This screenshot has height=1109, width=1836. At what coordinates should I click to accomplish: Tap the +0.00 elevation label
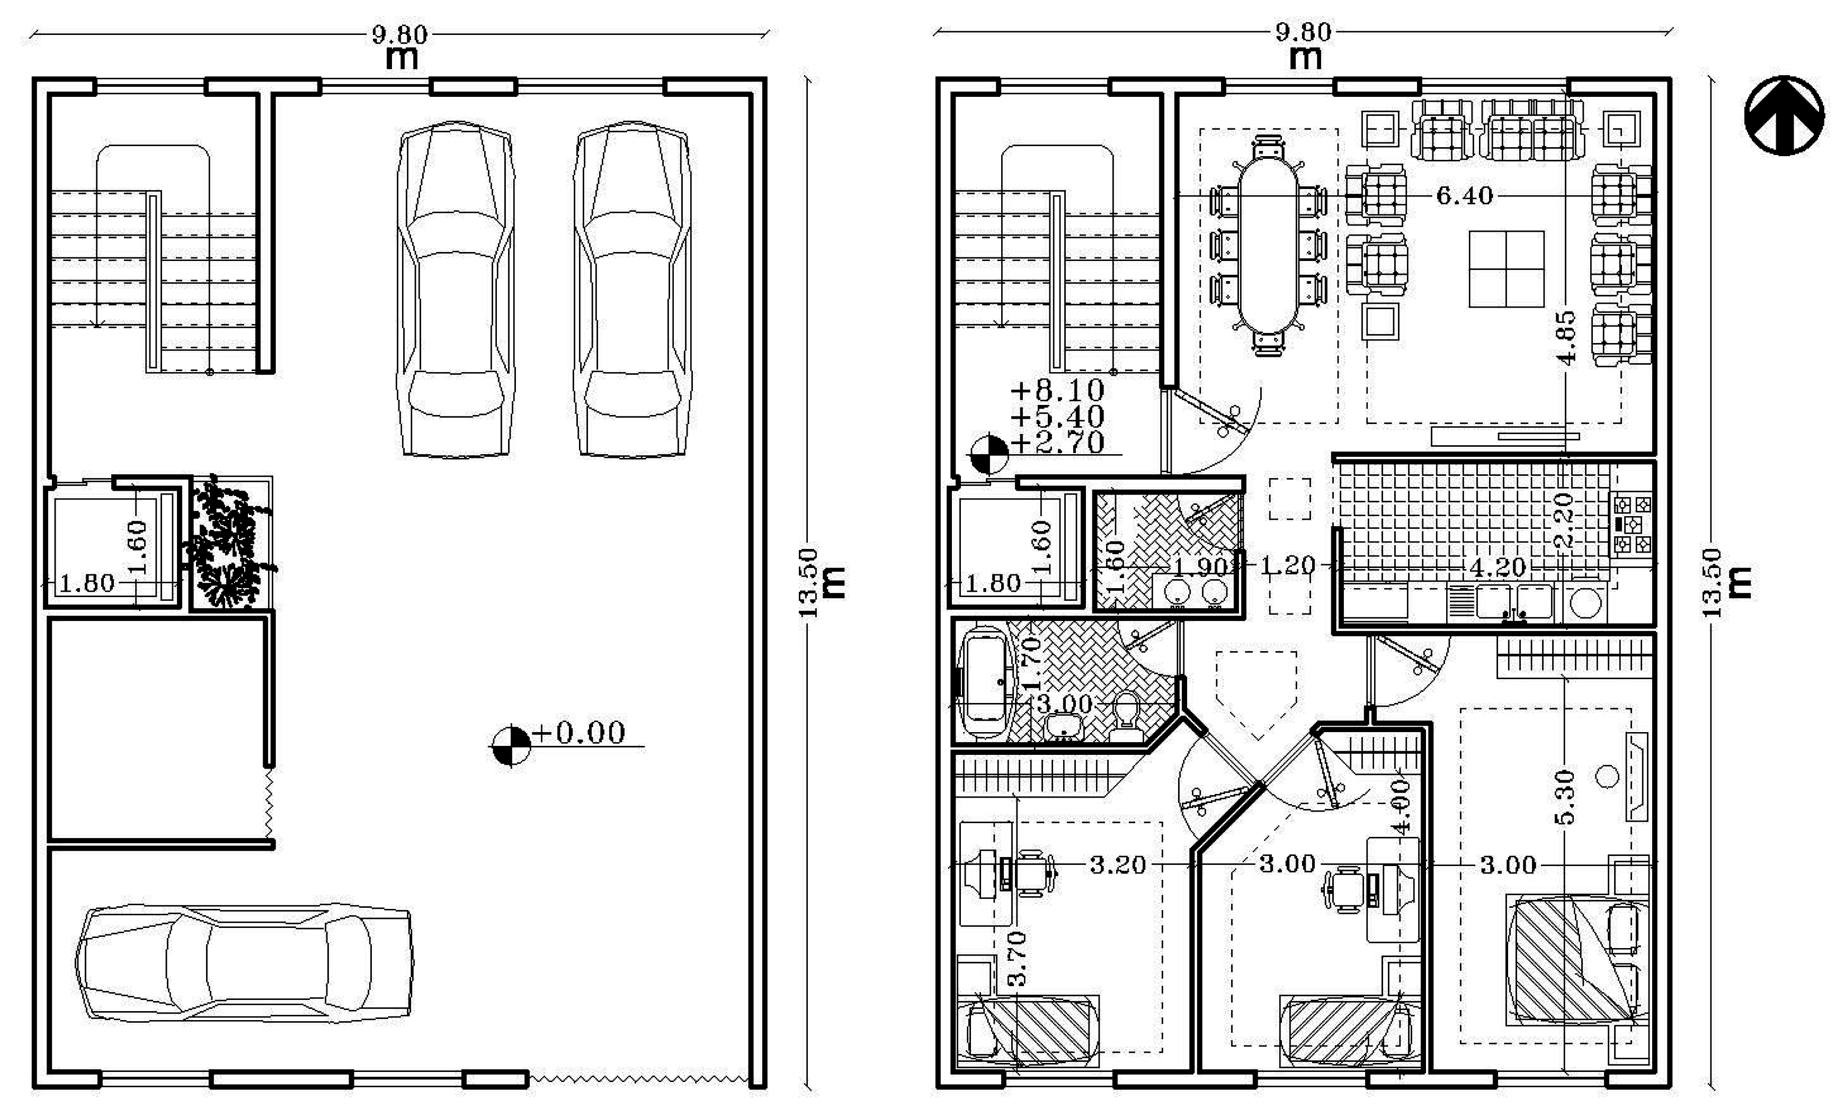coord(579,733)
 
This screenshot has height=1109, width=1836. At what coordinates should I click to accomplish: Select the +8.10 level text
coord(1057,390)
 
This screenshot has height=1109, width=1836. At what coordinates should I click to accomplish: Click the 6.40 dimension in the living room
coord(1464,196)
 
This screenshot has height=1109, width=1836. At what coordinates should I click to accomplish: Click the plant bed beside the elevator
coord(229,543)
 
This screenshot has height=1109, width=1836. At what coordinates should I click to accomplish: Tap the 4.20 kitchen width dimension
coord(1498,567)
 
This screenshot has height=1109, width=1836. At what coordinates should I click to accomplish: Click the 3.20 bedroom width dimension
coord(1118,865)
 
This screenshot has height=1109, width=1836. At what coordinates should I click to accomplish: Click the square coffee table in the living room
coord(1506,268)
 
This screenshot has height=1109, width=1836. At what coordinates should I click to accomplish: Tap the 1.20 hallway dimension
coord(1287,565)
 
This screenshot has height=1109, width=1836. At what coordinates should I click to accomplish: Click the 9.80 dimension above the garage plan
coord(399,35)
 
